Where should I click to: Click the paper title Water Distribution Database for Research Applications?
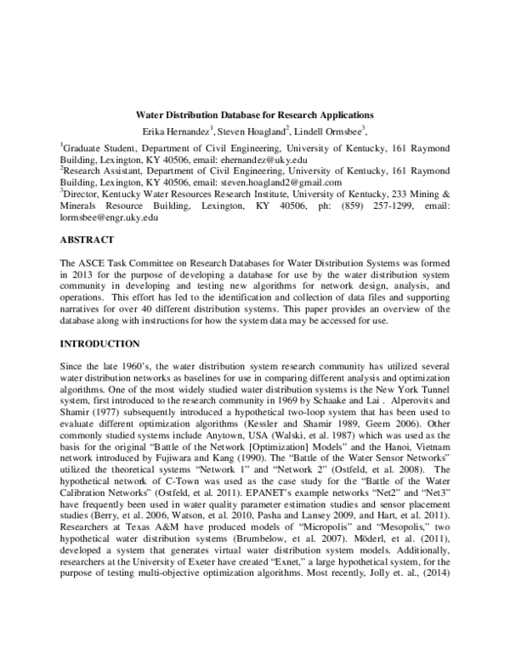[255, 114]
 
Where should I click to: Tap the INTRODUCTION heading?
[105, 344]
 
